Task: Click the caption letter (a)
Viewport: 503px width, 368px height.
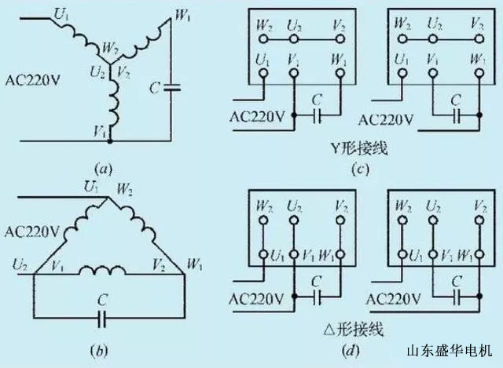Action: (103, 167)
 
